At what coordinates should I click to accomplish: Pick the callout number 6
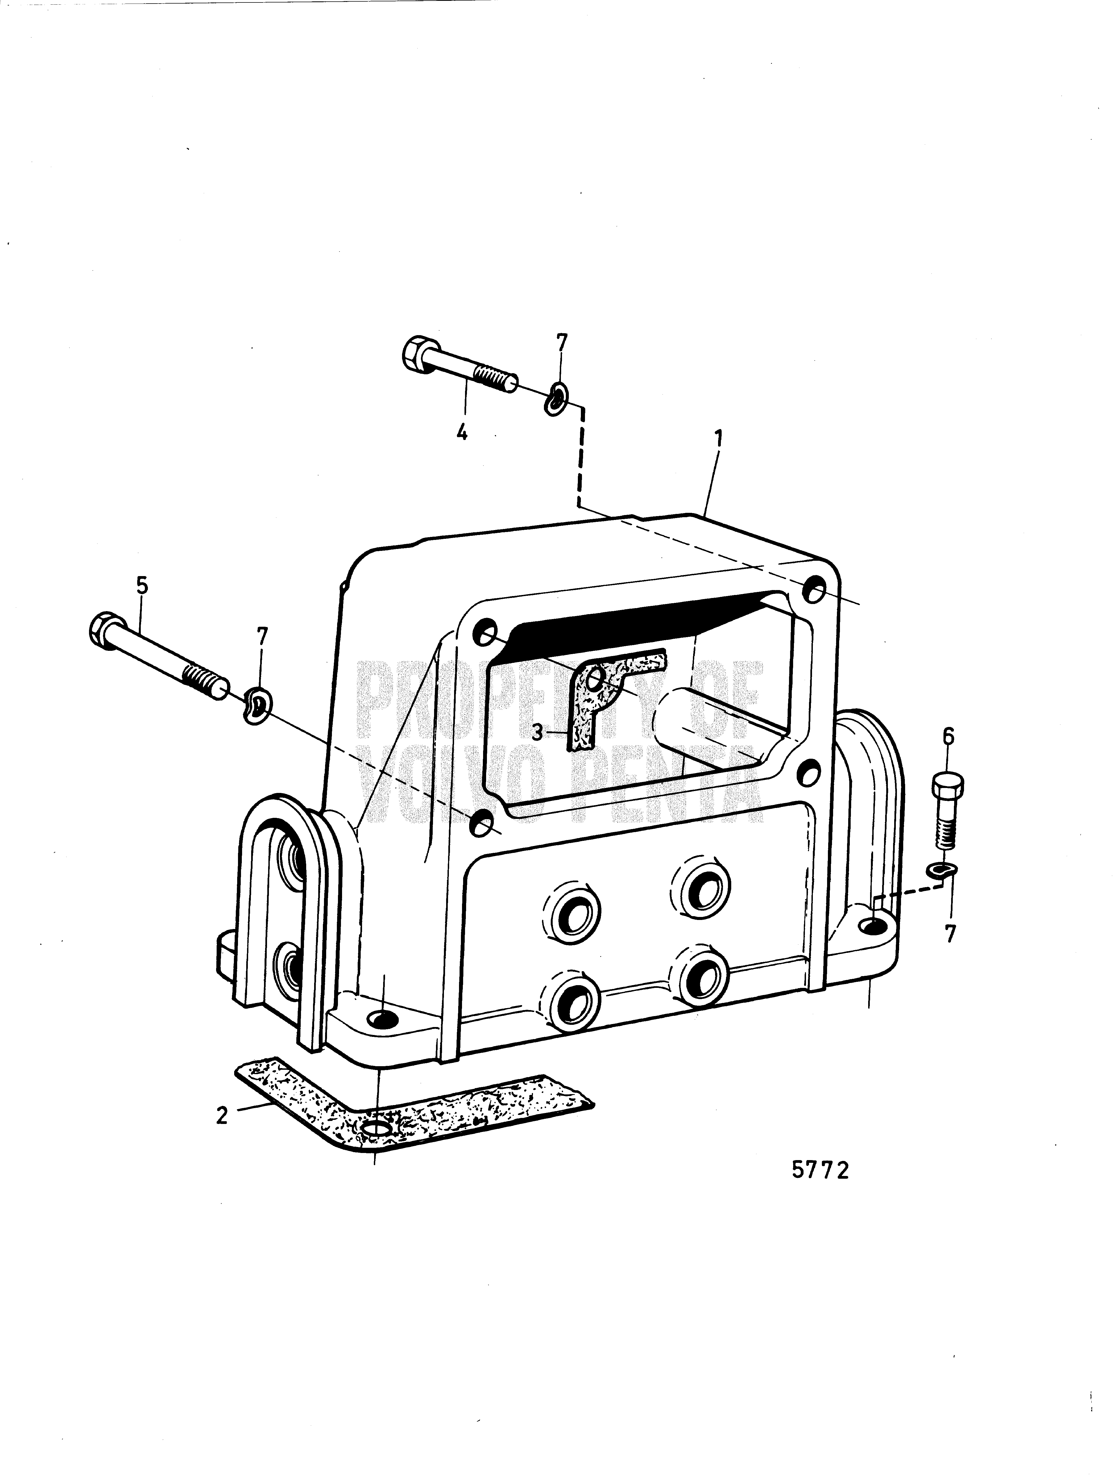click(948, 737)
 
